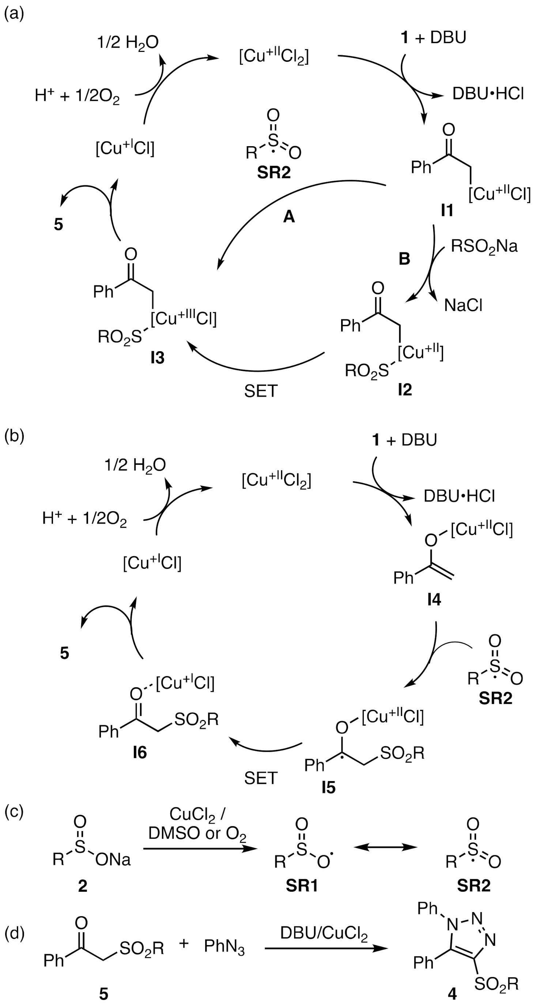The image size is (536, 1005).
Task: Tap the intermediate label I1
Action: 447,211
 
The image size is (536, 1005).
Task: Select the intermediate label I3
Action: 157,358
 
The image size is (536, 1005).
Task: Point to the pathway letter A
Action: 289,216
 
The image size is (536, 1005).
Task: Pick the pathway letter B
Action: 404,259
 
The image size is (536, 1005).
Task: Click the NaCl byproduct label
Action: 463,306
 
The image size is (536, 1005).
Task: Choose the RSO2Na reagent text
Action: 484,246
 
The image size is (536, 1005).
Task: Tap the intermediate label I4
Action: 434,600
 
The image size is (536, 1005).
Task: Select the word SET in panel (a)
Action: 261,391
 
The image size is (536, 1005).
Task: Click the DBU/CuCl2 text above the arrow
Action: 324,933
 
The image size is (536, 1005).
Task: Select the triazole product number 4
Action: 452,994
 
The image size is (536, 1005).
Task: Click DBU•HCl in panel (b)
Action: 459,496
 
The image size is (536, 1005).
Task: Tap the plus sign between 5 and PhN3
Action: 184,943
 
